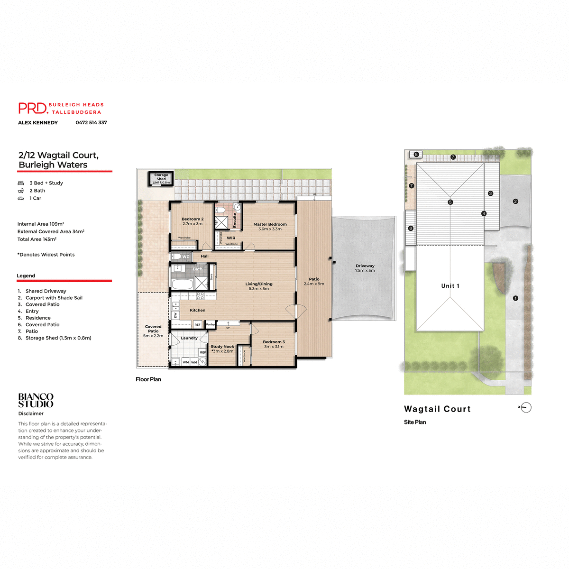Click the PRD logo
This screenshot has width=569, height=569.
pos(33,108)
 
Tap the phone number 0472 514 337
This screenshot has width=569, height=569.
pos(91,122)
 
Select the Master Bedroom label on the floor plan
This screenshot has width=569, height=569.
pos(270,224)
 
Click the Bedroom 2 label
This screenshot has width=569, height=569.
pos(193,220)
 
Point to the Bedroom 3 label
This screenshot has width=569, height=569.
pos(274,342)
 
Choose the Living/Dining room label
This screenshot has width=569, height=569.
pos(259,284)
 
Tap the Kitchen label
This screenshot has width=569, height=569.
pos(197,310)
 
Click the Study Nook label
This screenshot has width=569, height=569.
pos(222,347)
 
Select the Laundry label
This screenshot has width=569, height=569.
pos(189,338)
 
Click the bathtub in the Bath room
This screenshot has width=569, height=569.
pos(182,284)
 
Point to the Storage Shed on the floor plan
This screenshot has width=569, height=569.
pos(161,178)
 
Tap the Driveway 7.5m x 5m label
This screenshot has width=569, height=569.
pos(365,268)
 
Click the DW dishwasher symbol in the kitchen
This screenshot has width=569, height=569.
pos(175,315)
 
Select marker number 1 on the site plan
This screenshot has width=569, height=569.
pos(515,298)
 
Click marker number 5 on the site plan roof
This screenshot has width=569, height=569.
pos(450,202)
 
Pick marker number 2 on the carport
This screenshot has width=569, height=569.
pos(515,202)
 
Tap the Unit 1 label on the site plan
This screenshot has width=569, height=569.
pos(450,286)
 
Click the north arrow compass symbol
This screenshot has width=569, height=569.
pos(526,407)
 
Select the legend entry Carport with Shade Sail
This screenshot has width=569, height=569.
pos(54,298)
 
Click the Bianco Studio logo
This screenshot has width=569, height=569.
pos(36,400)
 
